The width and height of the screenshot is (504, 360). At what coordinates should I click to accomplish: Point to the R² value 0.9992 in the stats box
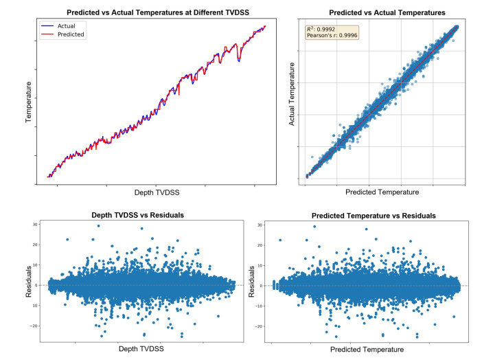[330, 29]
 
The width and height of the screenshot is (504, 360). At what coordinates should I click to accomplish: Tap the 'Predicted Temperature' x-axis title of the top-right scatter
[382, 192]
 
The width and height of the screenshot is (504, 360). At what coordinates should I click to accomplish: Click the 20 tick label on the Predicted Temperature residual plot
[264, 245]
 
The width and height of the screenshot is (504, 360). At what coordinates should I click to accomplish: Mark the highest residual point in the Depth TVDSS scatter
[98, 225]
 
